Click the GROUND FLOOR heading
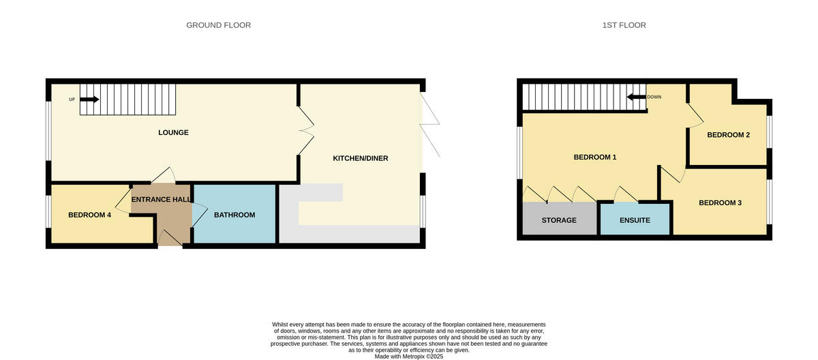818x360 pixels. point(218,25)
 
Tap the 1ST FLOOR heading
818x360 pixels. point(624,25)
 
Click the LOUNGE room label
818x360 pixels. point(173,132)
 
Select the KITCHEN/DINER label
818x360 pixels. point(360,158)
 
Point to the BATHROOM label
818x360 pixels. point(234,215)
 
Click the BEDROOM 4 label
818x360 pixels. point(89,215)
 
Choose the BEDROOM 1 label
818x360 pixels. point(594,157)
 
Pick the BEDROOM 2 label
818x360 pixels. point(728,135)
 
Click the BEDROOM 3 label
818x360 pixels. point(721,202)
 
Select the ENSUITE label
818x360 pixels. point(635,220)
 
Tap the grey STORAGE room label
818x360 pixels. point(559,220)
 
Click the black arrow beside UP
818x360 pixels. point(89,100)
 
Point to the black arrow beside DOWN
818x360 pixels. point(636,97)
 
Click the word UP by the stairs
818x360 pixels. point(72,100)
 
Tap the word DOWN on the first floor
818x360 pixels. point(654,97)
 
